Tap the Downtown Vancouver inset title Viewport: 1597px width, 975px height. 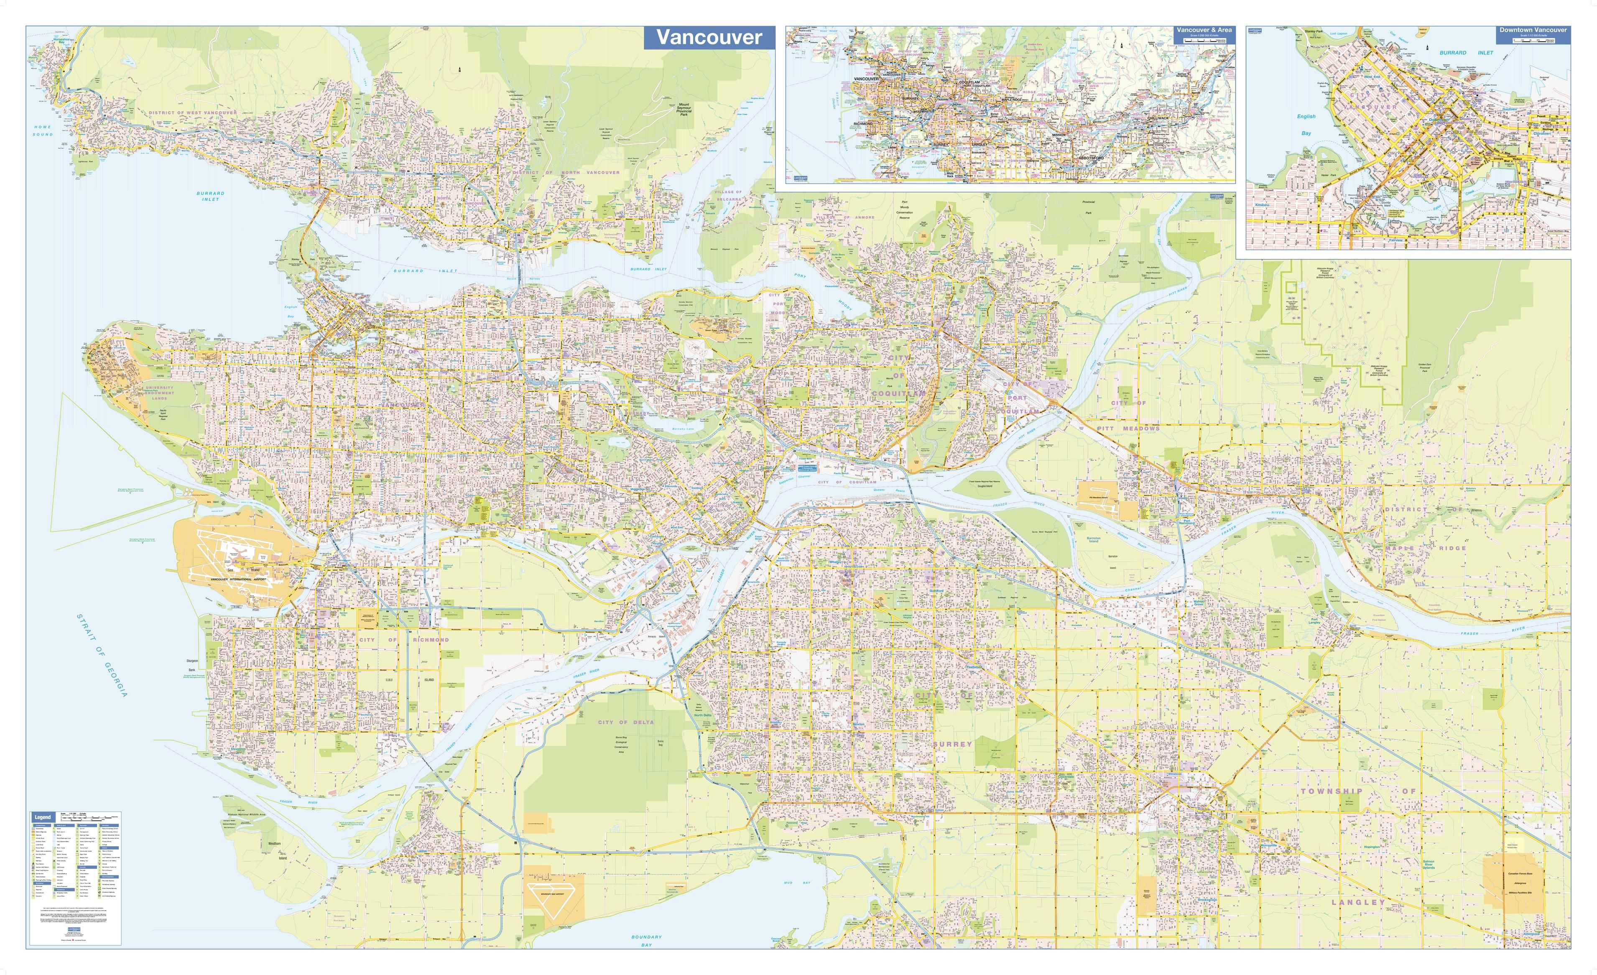1533,30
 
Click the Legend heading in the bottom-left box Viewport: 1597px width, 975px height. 43,817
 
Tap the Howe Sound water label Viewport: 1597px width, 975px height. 43,131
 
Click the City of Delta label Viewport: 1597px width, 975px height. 625,722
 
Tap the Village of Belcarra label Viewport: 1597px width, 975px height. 728,195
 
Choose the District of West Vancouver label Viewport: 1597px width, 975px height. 192,113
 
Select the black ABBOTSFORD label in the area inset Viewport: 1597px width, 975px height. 1092,158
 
